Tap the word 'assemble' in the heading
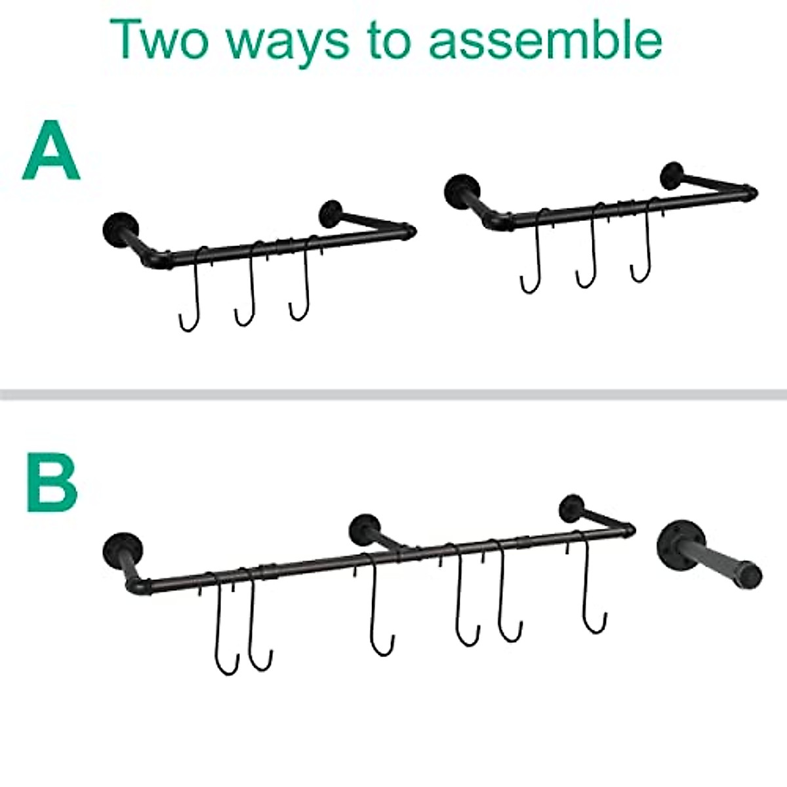546,41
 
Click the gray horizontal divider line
393,394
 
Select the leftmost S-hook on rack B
223,623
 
